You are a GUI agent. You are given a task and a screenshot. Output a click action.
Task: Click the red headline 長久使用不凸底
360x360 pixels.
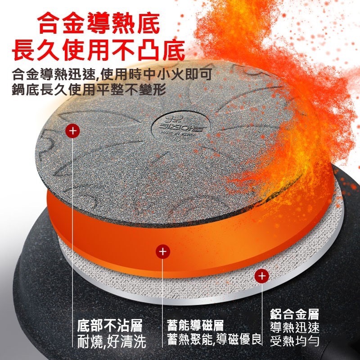click(x=99, y=50)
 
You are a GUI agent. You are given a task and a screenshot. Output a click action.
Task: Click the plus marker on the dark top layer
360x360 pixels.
click(x=72, y=131)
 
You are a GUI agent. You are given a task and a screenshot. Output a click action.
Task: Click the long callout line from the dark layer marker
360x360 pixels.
click(x=72, y=225)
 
